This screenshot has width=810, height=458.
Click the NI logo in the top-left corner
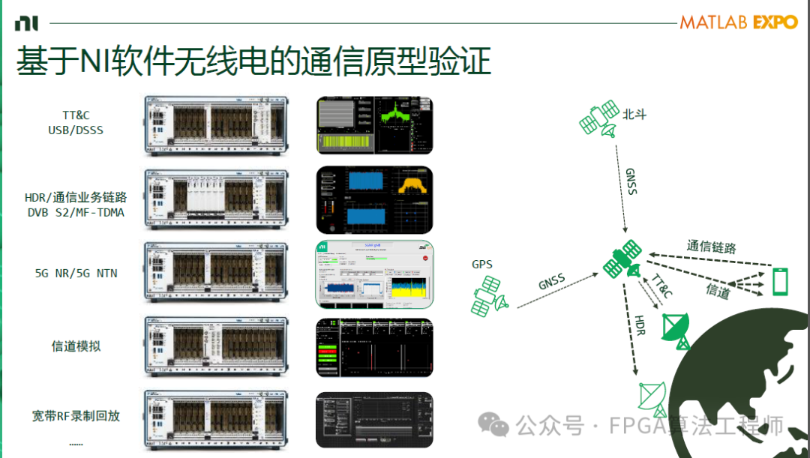tap(25, 23)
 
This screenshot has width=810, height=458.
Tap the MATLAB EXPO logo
tap(738, 22)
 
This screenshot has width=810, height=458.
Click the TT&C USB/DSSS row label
tap(76, 123)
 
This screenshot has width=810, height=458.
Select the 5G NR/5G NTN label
tap(76, 273)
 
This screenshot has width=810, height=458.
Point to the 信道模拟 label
tap(76, 346)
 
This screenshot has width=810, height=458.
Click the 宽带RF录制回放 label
tap(76, 415)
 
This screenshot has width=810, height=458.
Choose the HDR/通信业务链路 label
tap(76, 197)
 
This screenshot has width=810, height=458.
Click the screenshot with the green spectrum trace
tap(374, 125)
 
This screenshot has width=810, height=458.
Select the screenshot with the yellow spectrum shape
tap(374, 199)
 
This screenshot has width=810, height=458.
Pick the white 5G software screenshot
tap(374, 274)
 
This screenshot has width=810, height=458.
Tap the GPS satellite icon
tap(490, 295)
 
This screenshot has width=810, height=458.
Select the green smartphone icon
tap(780, 282)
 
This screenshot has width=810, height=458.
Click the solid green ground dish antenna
tap(675, 330)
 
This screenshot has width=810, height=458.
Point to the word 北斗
tap(634, 115)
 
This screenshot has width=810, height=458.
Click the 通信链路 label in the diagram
tap(711, 247)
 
